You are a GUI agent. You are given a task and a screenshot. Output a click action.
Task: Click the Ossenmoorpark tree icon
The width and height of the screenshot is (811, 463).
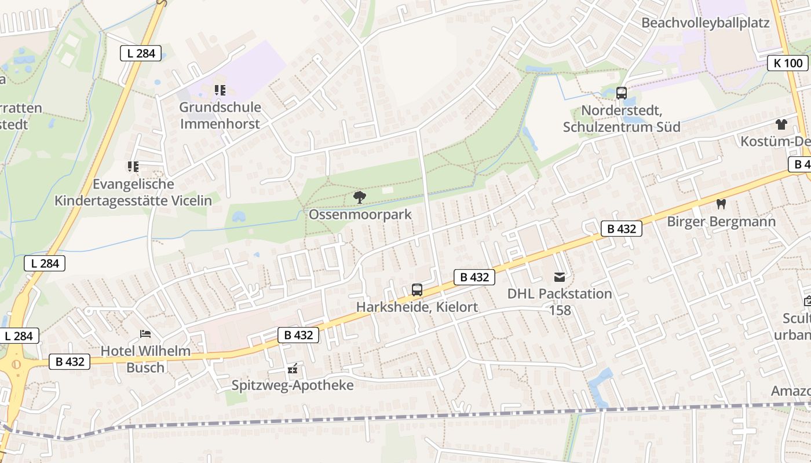pyautogui.click(x=360, y=197)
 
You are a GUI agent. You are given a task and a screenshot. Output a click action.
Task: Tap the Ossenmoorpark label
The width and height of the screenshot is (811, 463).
pyautogui.click(x=360, y=215)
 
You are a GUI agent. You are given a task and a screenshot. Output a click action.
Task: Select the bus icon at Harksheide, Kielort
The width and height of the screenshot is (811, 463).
pyautogui.click(x=417, y=290)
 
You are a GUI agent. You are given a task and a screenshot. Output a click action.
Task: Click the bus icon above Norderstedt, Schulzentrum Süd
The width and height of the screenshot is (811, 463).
pyautogui.click(x=622, y=93)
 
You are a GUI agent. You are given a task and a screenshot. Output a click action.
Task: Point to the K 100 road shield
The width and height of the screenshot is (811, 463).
pyautogui.click(x=788, y=63)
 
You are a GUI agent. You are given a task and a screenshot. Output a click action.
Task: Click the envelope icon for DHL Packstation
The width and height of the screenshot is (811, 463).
pyautogui.click(x=560, y=277)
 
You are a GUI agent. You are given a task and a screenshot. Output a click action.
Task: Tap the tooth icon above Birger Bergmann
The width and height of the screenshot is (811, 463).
pyautogui.click(x=721, y=204)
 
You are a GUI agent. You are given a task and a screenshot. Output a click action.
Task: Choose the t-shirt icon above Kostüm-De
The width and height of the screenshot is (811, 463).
pyautogui.click(x=781, y=124)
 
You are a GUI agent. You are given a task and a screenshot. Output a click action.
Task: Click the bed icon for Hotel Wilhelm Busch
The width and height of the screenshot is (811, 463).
pyautogui.click(x=145, y=334)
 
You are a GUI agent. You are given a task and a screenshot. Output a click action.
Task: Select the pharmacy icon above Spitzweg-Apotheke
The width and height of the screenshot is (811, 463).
pyautogui.click(x=293, y=368)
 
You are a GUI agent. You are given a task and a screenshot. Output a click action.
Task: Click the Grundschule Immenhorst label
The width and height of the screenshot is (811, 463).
pyautogui.click(x=220, y=115)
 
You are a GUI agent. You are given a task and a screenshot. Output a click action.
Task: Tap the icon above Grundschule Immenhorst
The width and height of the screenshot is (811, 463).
pyautogui.click(x=220, y=90)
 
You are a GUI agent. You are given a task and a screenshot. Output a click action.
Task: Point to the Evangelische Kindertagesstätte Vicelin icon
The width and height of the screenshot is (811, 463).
pyautogui.click(x=133, y=167)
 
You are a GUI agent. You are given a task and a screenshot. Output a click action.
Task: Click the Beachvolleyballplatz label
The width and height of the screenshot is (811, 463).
pyautogui.click(x=706, y=23)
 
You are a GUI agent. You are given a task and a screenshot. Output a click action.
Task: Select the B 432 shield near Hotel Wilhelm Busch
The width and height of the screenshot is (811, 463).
pyautogui.click(x=70, y=362)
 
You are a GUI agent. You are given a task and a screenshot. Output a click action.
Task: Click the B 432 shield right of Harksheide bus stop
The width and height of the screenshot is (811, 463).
pyautogui.click(x=474, y=277)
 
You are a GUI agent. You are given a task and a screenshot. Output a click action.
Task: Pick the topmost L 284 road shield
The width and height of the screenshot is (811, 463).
pyautogui.click(x=141, y=53)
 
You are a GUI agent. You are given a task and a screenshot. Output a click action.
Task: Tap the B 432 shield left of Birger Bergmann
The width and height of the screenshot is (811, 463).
pyautogui.click(x=622, y=229)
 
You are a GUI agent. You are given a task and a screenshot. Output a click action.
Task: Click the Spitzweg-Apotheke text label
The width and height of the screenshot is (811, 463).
pyautogui.click(x=293, y=385)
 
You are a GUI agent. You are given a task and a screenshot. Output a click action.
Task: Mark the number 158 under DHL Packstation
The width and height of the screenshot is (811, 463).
pyautogui.click(x=560, y=310)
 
